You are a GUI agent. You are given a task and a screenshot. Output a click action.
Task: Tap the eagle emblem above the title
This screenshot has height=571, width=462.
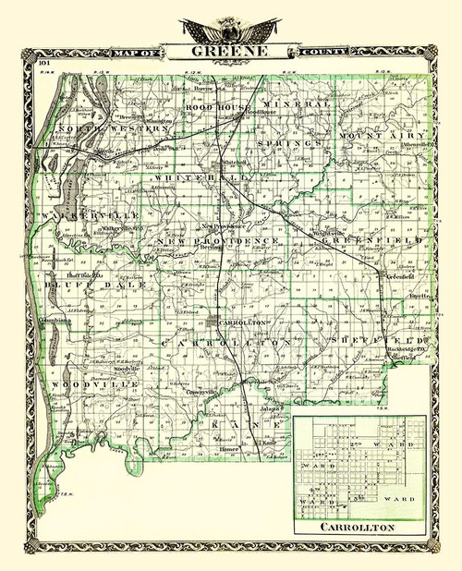tap(230, 28)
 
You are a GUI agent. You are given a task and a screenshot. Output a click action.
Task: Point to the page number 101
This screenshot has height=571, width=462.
tap(44, 63)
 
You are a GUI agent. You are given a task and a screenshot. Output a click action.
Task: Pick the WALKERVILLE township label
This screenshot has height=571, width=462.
tap(77, 213)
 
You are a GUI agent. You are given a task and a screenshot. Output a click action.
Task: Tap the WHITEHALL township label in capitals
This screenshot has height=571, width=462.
tap(190, 176)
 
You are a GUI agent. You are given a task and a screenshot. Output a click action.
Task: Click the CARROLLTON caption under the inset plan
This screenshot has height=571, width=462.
tap(361, 528)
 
